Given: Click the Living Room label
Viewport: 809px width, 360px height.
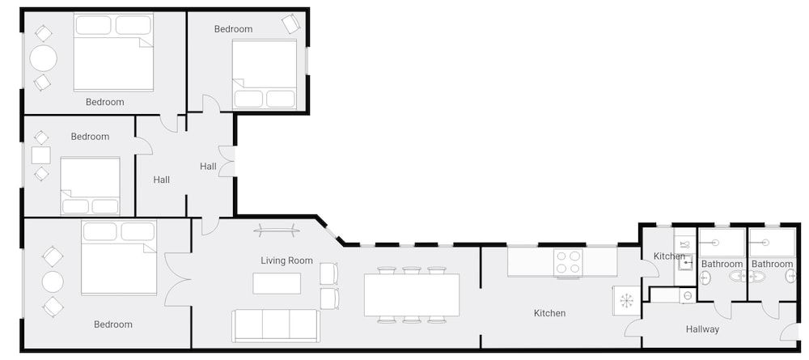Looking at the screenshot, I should (x=286, y=260).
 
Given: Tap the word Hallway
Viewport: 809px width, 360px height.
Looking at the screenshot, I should (x=702, y=329).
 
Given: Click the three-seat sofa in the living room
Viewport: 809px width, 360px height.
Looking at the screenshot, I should (x=275, y=325).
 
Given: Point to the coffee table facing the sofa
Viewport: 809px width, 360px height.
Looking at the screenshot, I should (x=277, y=283).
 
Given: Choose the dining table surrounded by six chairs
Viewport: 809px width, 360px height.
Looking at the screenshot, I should (x=412, y=295).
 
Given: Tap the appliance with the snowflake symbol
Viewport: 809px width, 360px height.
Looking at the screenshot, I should (x=626, y=301).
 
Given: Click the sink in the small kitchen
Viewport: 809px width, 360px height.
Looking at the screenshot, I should (x=684, y=260).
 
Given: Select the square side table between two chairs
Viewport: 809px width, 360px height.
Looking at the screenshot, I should (x=40, y=155).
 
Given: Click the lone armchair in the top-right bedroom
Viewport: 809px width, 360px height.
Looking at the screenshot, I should (x=290, y=24).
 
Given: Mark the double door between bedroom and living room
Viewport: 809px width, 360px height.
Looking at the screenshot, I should (x=176, y=280).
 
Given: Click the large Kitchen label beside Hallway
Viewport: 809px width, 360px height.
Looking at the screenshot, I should (x=549, y=313).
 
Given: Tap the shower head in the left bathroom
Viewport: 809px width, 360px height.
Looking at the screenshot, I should (x=715, y=242).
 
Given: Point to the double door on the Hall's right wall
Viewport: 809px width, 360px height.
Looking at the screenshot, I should (x=227, y=162).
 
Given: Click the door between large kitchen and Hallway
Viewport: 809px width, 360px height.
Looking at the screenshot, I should (x=633, y=328).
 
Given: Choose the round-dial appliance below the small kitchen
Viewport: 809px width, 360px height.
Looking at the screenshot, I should (x=687, y=296).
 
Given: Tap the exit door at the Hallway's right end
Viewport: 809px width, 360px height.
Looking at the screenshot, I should (x=790, y=332).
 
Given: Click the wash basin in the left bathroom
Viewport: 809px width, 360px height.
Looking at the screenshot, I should (x=705, y=277).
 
